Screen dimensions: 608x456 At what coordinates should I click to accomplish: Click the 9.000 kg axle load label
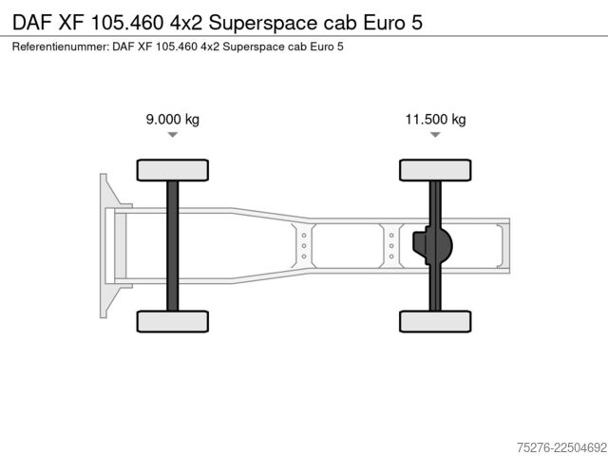pos(173,119)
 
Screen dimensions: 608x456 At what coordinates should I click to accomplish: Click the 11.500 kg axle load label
pos(435,119)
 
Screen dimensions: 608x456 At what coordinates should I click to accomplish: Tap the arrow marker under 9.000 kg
pos(173,135)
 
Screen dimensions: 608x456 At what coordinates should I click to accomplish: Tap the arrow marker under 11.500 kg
pos(435,135)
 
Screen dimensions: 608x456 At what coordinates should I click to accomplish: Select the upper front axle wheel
pos(173,170)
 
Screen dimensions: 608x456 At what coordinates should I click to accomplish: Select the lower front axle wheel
pos(173,321)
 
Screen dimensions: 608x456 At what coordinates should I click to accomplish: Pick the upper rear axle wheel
pos(435,170)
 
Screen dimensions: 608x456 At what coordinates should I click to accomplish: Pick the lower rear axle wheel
pos(435,321)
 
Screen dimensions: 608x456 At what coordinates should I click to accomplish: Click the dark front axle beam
pos(173,246)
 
